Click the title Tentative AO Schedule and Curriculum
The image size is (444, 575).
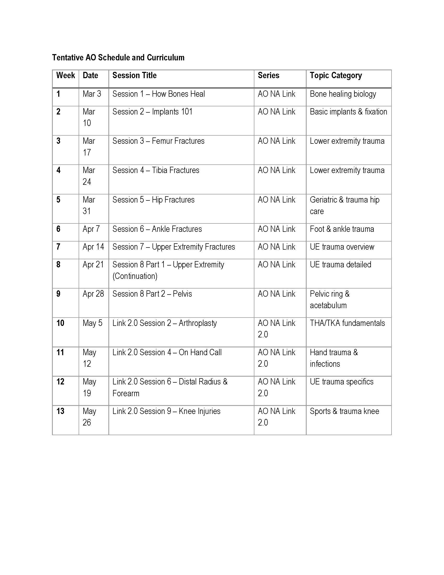coord(118,57)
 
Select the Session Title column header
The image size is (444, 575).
coord(135,76)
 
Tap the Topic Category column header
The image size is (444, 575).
coord(336,76)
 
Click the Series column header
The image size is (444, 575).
coord(268,76)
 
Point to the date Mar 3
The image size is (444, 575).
coord(92,94)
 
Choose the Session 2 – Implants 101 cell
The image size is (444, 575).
coord(152,112)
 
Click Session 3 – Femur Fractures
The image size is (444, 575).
coord(158,141)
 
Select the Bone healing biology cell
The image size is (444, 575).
coord(343,94)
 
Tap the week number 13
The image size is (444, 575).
coord(60,411)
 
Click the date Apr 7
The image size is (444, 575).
coord(91,229)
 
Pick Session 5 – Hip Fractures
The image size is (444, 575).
coord(153,200)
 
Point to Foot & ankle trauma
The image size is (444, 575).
coord(342,229)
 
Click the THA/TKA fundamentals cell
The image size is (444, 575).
coord(347,323)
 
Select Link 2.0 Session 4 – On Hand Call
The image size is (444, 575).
coord(167,353)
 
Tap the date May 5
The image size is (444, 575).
coord(92,323)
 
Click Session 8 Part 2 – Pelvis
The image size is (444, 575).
coord(152,294)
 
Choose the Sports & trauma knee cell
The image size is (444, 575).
coord(344,411)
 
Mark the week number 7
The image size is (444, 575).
coord(59,247)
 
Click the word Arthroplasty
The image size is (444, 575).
coord(197,323)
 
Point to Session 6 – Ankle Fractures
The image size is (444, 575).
coord(157,229)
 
